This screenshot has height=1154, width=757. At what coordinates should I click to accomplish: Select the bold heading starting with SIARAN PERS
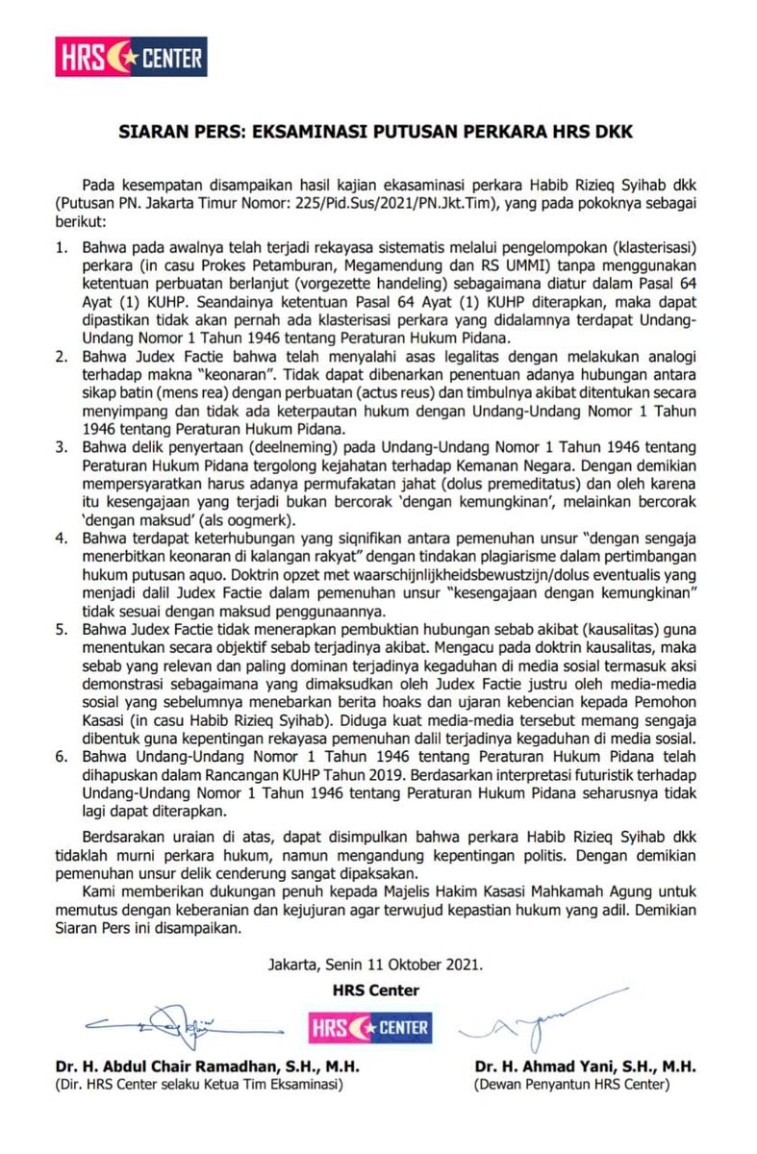coord(378,133)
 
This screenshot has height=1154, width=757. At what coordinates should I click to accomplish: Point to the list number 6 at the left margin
coord(61,758)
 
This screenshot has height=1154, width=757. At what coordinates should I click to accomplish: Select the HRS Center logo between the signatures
coord(368,1026)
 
